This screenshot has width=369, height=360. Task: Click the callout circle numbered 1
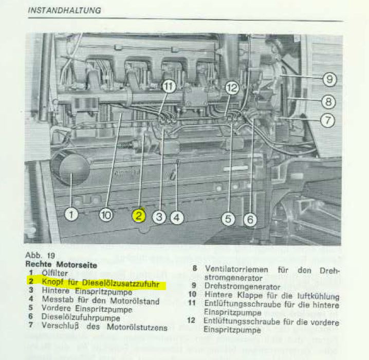click(x=71, y=214)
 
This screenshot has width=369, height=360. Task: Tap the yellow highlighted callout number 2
click(x=139, y=215)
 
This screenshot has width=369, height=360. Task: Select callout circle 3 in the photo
click(x=159, y=217)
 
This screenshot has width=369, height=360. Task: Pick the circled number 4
click(x=177, y=218)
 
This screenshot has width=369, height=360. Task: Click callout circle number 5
click(x=228, y=219)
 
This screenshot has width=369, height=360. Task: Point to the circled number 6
click(x=250, y=220)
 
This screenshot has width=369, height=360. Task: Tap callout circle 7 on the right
click(x=327, y=120)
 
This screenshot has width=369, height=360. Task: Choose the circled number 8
click(x=328, y=102)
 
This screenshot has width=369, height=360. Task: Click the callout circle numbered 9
click(x=329, y=79)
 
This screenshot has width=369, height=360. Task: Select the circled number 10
click(x=106, y=215)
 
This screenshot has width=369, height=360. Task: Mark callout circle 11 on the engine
click(x=169, y=86)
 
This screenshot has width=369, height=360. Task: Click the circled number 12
click(x=232, y=88)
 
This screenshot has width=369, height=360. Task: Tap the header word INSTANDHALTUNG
click(x=64, y=10)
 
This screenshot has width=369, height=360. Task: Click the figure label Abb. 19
click(x=40, y=256)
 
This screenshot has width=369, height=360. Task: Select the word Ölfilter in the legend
click(x=55, y=273)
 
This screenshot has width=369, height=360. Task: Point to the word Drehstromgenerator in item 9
click(x=243, y=286)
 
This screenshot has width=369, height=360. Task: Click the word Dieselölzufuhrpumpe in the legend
click(x=81, y=317)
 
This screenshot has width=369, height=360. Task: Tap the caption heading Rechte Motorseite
click(x=61, y=265)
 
